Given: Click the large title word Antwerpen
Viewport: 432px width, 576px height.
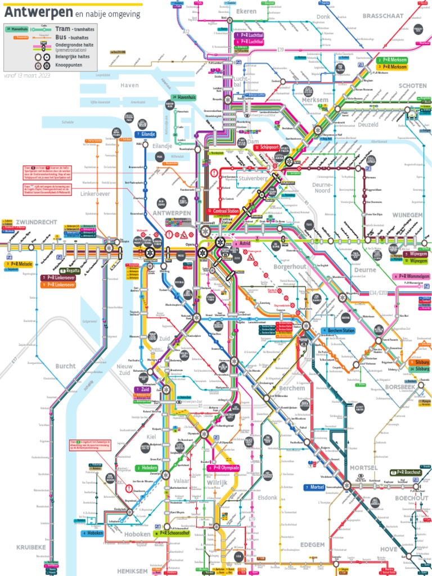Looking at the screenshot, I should coord(38,12).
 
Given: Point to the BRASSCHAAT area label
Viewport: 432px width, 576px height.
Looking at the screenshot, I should coord(383,16).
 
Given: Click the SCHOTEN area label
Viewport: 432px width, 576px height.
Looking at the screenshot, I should coord(413,86).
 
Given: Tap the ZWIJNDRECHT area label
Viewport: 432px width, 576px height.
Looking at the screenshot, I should coord(37,222).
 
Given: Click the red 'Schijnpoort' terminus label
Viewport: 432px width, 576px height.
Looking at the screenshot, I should coord(269,147).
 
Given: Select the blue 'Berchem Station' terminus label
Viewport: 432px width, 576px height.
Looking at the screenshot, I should coord(340,331).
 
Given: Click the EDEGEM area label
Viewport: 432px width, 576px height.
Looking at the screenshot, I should coord(312,544).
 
